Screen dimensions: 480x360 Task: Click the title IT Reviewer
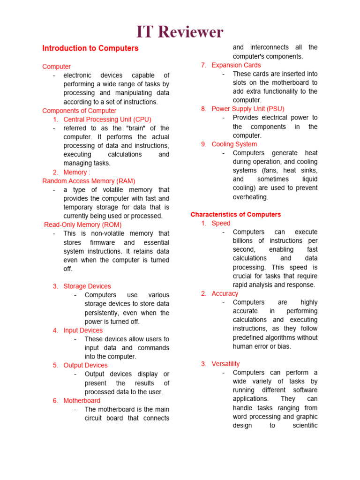pyautogui.click(x=180, y=32)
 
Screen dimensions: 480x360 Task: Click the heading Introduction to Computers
pyautogui.click(x=90, y=48)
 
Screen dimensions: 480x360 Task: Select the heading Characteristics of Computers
pyautogui.click(x=235, y=215)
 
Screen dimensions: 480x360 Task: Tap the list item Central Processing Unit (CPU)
pyautogui.click(x=107, y=120)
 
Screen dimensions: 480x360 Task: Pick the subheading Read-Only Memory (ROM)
pyautogui.click(x=82, y=225)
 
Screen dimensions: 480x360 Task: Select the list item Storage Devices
pyautogui.click(x=87, y=286)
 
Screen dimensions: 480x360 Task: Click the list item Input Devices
pyautogui.click(x=83, y=330)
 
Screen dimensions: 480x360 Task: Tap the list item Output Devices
pyautogui.click(x=85, y=365)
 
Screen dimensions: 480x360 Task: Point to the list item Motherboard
pyautogui.click(x=82, y=401)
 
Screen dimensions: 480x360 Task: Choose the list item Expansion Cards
pyautogui.click(x=236, y=65)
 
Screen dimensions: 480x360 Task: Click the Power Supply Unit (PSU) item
pyautogui.click(x=248, y=109)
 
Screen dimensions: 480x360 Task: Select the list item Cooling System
pyautogui.click(x=234, y=144)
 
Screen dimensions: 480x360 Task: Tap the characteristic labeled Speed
pyautogui.click(x=221, y=224)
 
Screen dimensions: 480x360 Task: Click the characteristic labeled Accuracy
pyautogui.click(x=225, y=293)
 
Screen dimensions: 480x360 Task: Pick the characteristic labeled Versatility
pyautogui.click(x=225, y=364)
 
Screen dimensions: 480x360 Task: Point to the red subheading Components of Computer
pyautogui.click(x=79, y=111)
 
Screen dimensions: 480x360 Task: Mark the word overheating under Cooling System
pyautogui.click(x=250, y=197)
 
